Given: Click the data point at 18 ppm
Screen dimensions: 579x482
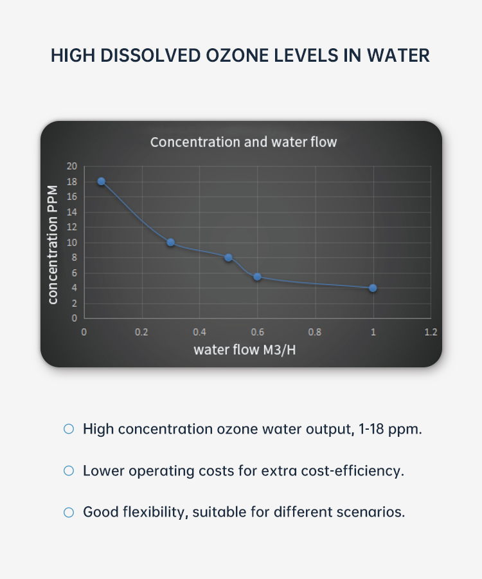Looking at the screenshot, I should (x=101, y=181).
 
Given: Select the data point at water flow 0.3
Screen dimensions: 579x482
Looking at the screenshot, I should (x=170, y=243).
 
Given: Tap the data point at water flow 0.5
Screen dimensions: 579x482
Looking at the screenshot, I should (x=228, y=257).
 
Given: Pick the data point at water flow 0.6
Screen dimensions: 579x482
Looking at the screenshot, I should (x=257, y=277).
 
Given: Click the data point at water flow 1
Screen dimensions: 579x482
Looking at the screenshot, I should (x=373, y=288).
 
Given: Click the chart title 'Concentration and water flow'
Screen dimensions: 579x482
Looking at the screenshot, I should (x=244, y=142).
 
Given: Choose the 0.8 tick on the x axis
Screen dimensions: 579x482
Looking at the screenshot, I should (x=315, y=333).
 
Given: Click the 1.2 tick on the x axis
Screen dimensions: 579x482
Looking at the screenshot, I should (x=431, y=333).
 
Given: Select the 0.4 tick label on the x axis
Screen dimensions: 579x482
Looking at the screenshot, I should (x=199, y=333).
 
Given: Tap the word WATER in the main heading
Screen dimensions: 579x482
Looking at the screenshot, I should (x=398, y=55).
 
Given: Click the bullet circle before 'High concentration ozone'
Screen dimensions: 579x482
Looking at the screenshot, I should (x=69, y=428).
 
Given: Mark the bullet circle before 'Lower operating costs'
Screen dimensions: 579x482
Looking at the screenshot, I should (x=69, y=471).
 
